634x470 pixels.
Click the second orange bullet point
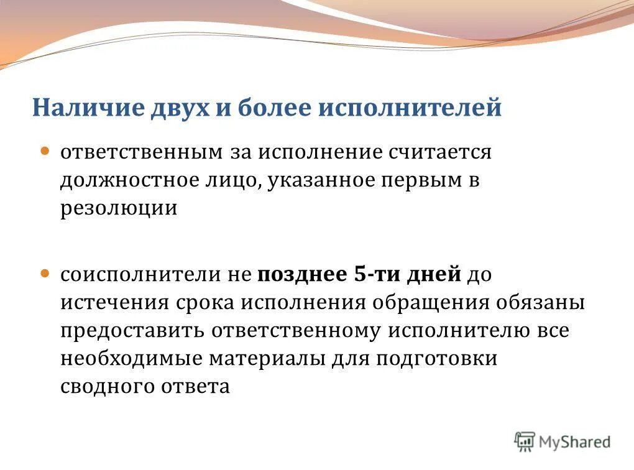click(x=45, y=274)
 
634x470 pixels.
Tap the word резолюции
click(x=119, y=208)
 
